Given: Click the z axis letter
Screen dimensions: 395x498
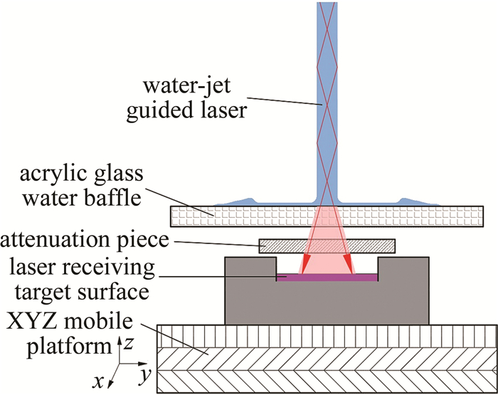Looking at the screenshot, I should [x=125, y=345].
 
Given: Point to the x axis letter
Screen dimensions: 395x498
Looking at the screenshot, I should [x=97, y=382].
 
